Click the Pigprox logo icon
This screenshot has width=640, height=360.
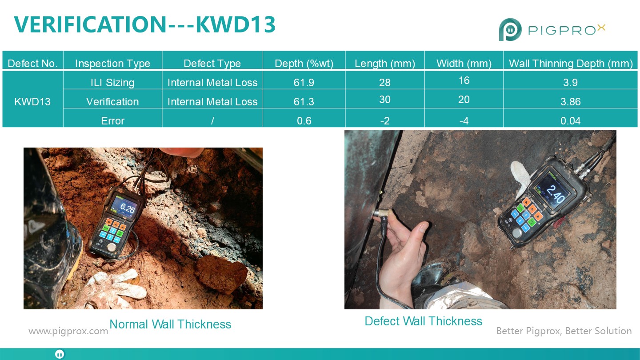510,29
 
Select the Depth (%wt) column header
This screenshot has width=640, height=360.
304,64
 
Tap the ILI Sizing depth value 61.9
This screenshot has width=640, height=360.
304,83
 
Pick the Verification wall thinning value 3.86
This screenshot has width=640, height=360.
570,102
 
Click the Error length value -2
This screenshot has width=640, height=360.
384,121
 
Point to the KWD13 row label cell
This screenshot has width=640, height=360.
32,102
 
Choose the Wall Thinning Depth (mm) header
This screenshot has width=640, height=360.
571,64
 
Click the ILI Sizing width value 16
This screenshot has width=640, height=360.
464,80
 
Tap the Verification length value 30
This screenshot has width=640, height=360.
384,100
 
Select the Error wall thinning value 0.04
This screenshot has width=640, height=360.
570,121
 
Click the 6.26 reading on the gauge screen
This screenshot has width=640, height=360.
127,208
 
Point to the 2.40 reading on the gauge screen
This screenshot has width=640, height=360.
555,194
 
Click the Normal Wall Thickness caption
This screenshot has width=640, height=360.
170,324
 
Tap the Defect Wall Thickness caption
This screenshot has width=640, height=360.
424,321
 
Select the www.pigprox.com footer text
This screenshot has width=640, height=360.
68,331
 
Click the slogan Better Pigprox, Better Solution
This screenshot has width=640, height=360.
564,331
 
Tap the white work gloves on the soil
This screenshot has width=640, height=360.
114,288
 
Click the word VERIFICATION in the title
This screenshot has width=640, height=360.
90,24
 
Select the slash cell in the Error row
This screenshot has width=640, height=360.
212,121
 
